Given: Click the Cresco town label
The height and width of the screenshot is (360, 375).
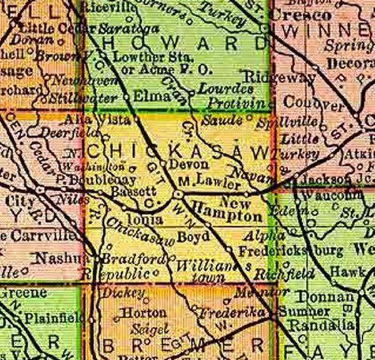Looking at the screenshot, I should pos(289,14).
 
